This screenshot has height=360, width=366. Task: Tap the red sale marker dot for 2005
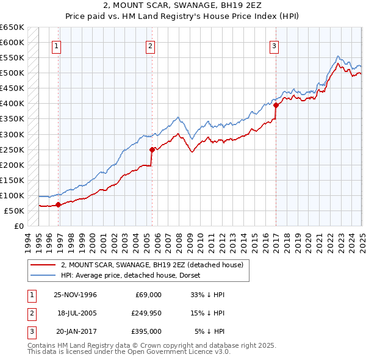(152, 149)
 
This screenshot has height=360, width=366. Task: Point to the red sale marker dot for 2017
(276, 105)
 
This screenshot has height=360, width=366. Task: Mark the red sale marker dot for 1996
(59, 205)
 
